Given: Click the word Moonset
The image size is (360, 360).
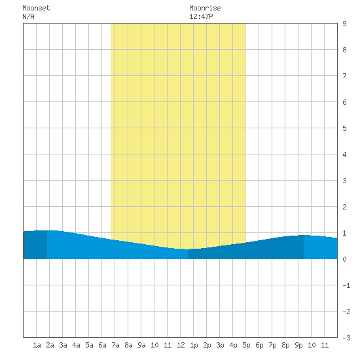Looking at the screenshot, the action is (x=36, y=8).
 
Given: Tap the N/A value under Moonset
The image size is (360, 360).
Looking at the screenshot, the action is (x=28, y=16).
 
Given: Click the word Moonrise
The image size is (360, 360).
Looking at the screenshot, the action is (x=205, y=8).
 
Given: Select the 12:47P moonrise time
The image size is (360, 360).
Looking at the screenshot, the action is (x=201, y=16).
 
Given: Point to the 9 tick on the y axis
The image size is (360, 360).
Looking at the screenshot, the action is (x=344, y=24).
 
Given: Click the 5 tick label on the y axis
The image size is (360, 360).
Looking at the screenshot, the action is (x=344, y=128).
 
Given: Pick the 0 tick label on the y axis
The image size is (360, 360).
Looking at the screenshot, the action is (x=344, y=259).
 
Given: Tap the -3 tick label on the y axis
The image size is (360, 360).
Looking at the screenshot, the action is (x=346, y=338).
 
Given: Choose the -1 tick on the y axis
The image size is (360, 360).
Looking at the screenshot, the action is (x=346, y=285).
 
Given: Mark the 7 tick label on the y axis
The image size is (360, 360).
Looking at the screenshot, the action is (x=344, y=76).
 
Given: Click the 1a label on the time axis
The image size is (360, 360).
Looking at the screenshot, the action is (x=37, y=345).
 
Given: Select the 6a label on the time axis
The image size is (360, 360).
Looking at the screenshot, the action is (x=102, y=345).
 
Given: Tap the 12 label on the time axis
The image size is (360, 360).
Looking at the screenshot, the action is (x=181, y=345).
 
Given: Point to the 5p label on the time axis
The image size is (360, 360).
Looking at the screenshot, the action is (x=246, y=345).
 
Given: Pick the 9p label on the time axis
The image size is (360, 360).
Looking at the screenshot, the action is (x=298, y=345).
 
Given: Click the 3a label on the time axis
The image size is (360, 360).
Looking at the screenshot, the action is (x=63, y=345).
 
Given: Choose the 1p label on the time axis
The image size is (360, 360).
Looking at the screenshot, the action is (x=194, y=345).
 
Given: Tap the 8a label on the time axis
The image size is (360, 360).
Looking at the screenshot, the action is (x=128, y=345).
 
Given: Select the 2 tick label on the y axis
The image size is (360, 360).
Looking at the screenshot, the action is (x=344, y=207).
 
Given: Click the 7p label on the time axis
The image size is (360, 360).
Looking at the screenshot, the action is (x=272, y=345).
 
